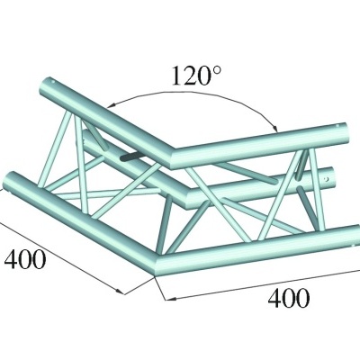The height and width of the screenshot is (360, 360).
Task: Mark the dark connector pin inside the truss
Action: [130, 157]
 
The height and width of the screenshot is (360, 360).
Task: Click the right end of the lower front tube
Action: [349, 238]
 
